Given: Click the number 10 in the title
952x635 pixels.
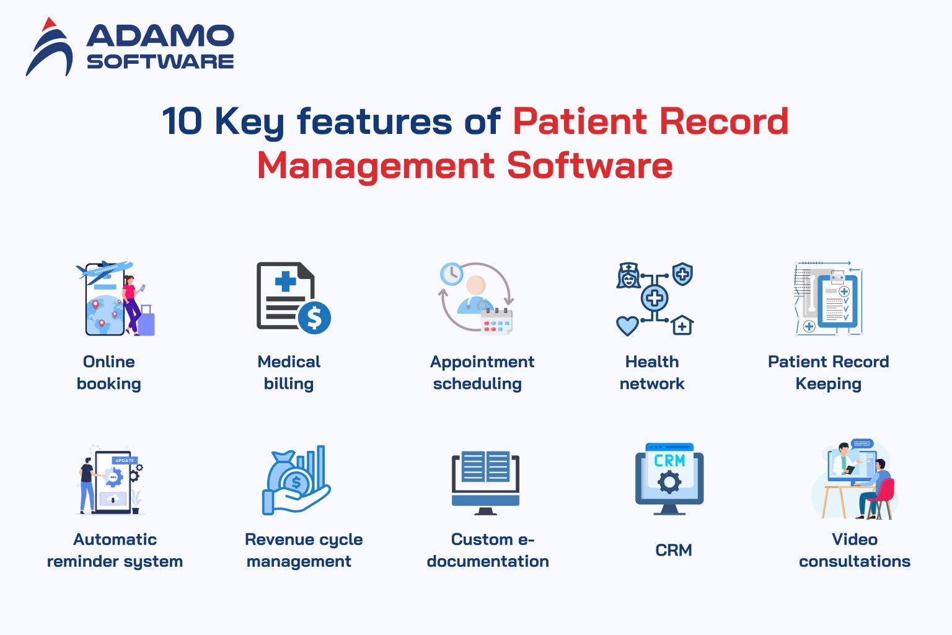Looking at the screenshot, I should click(182, 121).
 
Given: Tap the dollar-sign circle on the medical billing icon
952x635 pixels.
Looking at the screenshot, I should click(314, 317).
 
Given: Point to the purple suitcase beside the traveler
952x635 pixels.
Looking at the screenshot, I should click(146, 321).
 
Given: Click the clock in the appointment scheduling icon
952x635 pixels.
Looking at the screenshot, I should click(451, 273).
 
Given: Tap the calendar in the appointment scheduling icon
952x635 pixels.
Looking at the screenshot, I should click(497, 321).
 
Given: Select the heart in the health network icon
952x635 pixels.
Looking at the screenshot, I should click(627, 325).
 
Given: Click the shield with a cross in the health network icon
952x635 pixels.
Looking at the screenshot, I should click(682, 273).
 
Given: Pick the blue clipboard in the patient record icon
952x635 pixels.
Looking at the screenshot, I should click(837, 301).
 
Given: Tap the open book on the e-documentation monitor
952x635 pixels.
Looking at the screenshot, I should click(486, 466).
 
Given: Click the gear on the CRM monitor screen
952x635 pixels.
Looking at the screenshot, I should click(669, 482).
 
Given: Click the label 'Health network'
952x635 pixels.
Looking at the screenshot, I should click(652, 373).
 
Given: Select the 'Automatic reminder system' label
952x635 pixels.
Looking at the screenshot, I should click(115, 550).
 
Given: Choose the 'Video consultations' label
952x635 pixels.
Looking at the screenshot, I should click(854, 550).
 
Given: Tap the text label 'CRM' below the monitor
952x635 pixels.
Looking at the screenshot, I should click(673, 550).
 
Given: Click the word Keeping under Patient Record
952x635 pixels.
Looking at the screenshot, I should click(828, 384).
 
